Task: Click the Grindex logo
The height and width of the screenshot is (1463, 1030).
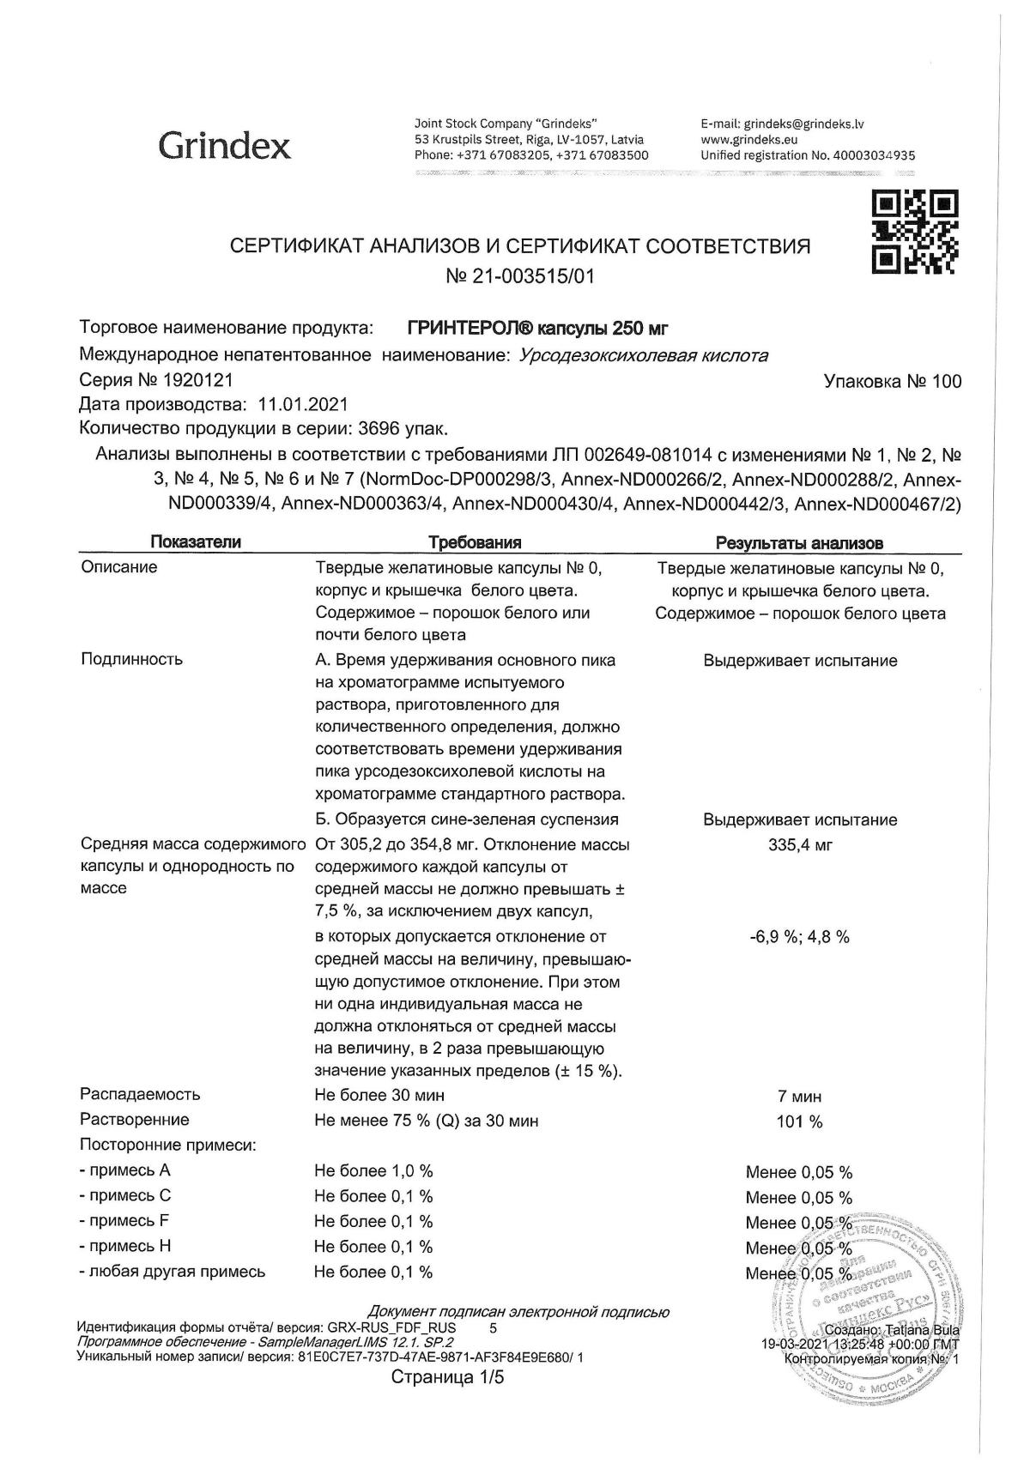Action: click(224, 145)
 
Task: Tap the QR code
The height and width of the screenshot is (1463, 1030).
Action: click(915, 234)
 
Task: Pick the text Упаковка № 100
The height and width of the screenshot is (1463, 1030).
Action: click(893, 382)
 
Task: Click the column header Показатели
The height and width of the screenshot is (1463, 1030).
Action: click(196, 542)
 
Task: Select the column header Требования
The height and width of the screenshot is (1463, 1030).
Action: click(475, 542)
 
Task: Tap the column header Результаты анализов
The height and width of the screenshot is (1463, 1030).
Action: click(799, 543)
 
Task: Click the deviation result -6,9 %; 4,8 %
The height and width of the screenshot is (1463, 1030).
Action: click(800, 937)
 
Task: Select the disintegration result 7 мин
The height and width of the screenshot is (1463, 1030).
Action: click(799, 1097)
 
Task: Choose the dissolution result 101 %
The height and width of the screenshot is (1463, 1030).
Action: click(799, 1122)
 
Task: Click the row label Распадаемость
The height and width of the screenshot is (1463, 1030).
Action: click(140, 1095)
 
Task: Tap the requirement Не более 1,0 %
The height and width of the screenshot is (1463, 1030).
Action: click(373, 1171)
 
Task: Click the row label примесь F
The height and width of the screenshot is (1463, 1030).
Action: click(124, 1221)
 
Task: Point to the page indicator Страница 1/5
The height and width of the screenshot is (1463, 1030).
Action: click(448, 1401)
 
